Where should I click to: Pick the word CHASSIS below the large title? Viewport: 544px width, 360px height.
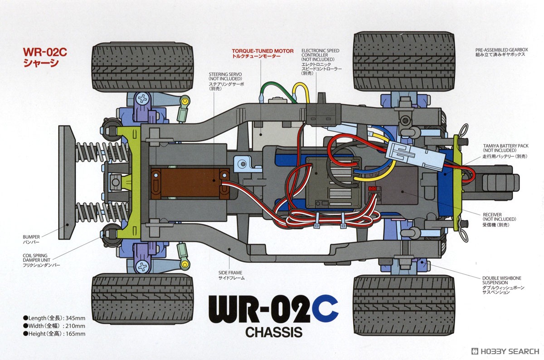(274, 332)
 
